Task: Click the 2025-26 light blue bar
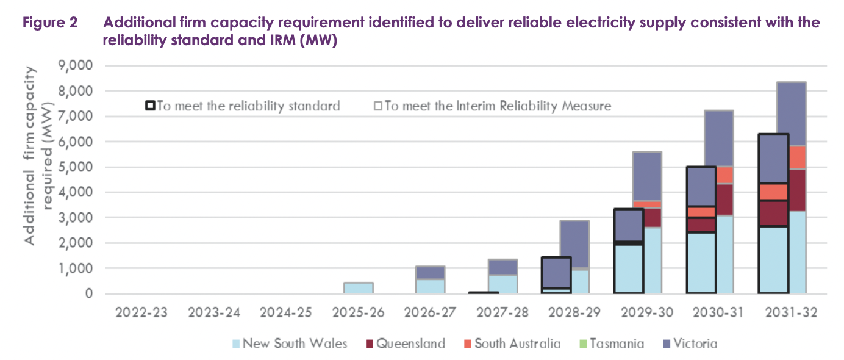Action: pos(358,288)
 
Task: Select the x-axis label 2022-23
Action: pos(141,312)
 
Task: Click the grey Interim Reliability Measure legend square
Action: pos(378,106)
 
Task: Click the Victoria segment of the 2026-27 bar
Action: pos(430,273)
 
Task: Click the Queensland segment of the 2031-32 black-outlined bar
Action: pos(773,213)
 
